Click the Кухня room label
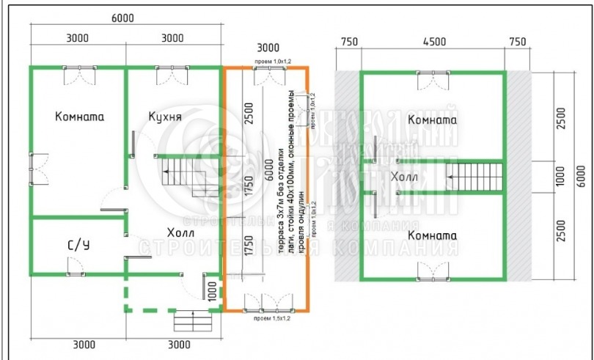(165, 116)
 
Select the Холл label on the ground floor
(171, 233)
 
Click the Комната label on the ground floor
(79, 116)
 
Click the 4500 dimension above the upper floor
(433, 41)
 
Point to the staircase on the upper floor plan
(476, 176)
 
